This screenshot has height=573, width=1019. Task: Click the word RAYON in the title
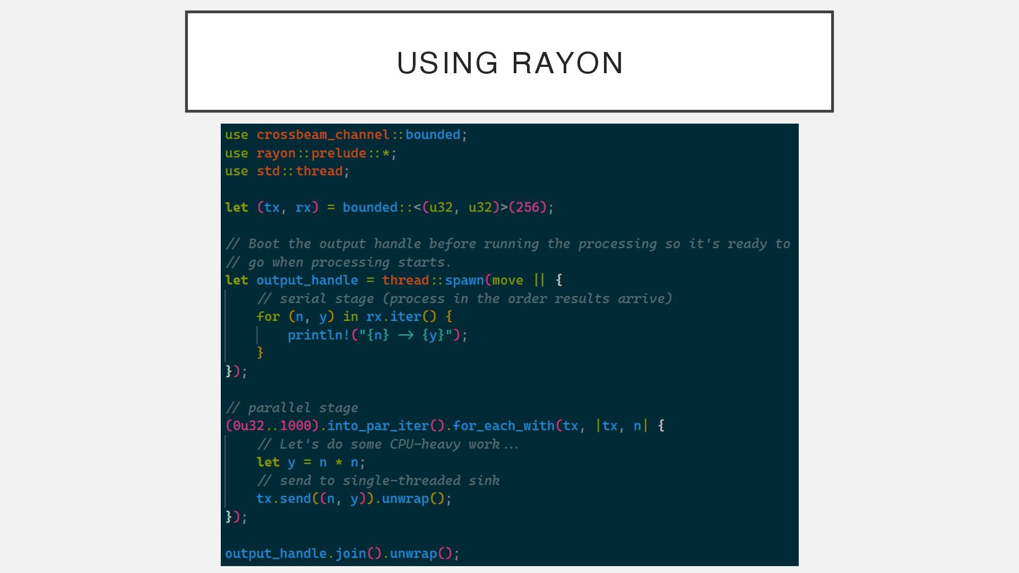567,63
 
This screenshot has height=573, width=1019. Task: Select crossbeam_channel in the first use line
323,135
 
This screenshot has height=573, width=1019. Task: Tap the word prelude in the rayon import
339,153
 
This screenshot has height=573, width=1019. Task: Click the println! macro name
318,335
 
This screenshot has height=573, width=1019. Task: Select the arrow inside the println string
405,335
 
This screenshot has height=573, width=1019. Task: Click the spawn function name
464,280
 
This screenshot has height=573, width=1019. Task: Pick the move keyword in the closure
508,280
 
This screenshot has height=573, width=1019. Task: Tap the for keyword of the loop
268,317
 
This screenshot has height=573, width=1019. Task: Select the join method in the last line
350,553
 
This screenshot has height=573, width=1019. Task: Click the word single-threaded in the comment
401,481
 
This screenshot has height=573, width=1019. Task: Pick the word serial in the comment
299,299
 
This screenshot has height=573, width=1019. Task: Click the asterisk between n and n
339,463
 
